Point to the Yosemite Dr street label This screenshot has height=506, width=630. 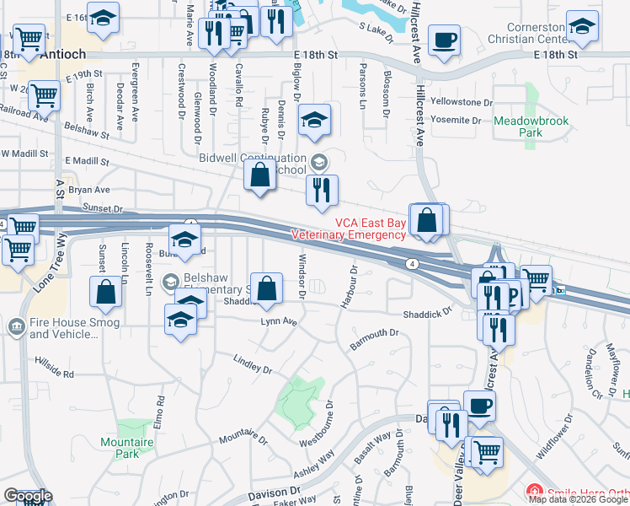456,121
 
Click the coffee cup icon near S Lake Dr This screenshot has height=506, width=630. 444,40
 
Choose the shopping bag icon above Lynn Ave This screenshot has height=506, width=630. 267,288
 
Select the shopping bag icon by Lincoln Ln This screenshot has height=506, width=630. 106,292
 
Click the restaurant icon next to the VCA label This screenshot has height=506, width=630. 321,191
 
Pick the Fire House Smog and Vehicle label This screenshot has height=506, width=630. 64,327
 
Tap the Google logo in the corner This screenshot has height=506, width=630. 28,495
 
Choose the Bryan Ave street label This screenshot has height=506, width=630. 90,191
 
